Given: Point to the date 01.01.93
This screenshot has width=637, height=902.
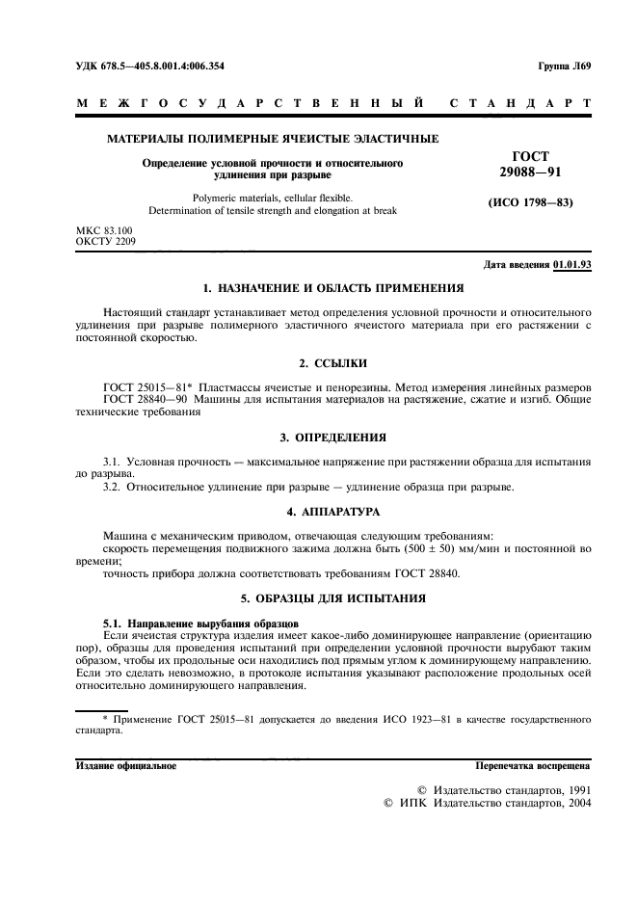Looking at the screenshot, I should point(572,265).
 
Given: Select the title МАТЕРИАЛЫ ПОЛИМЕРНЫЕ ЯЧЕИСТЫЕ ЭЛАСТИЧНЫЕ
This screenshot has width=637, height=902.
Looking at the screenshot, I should point(273,139).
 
